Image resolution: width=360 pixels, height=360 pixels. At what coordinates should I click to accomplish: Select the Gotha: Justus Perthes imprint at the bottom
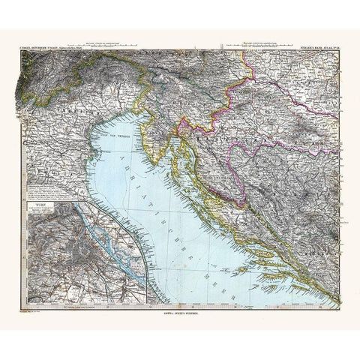(179, 313)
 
